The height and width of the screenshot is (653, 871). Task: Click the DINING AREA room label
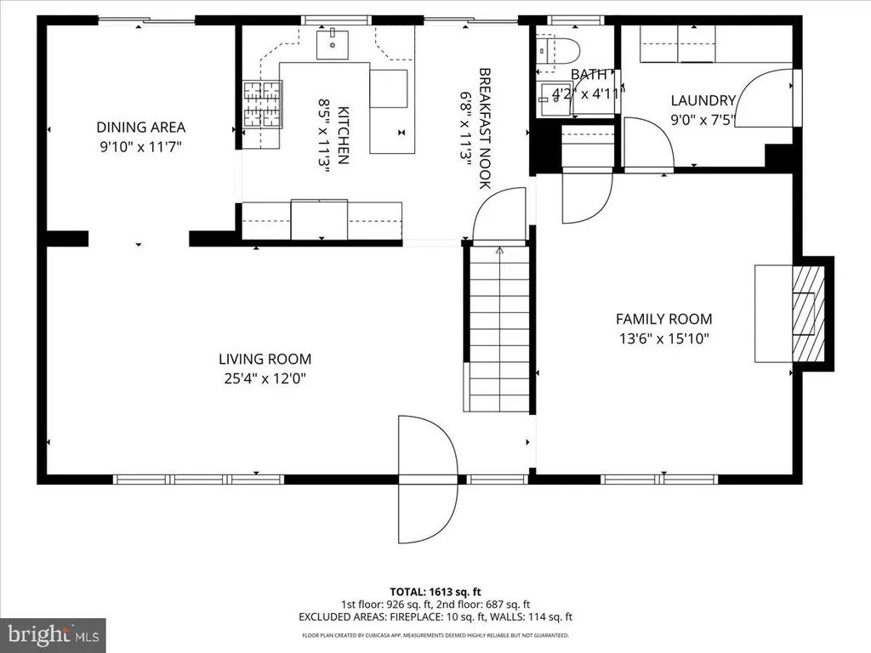(x=141, y=128)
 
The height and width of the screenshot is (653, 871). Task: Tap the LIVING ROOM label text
(x=265, y=359)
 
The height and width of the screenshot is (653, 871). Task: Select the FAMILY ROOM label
(x=663, y=319)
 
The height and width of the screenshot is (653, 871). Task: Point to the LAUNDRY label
(x=703, y=100)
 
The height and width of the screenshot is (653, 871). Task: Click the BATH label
(x=589, y=75)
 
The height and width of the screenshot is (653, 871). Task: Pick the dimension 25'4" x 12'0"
(x=265, y=378)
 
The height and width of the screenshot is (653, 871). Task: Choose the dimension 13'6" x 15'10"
(x=664, y=338)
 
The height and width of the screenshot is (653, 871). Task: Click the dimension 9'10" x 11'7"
(x=141, y=147)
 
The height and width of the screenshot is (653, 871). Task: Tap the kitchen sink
(x=333, y=45)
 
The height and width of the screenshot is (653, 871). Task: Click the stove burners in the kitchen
(x=262, y=104)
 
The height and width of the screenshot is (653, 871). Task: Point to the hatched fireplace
(x=808, y=315)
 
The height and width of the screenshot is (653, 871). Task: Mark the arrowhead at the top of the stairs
(x=499, y=251)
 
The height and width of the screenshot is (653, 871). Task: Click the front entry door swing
(x=428, y=479)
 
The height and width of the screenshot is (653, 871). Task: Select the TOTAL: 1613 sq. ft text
(x=435, y=592)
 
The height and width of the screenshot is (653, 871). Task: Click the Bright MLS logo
(x=53, y=634)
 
